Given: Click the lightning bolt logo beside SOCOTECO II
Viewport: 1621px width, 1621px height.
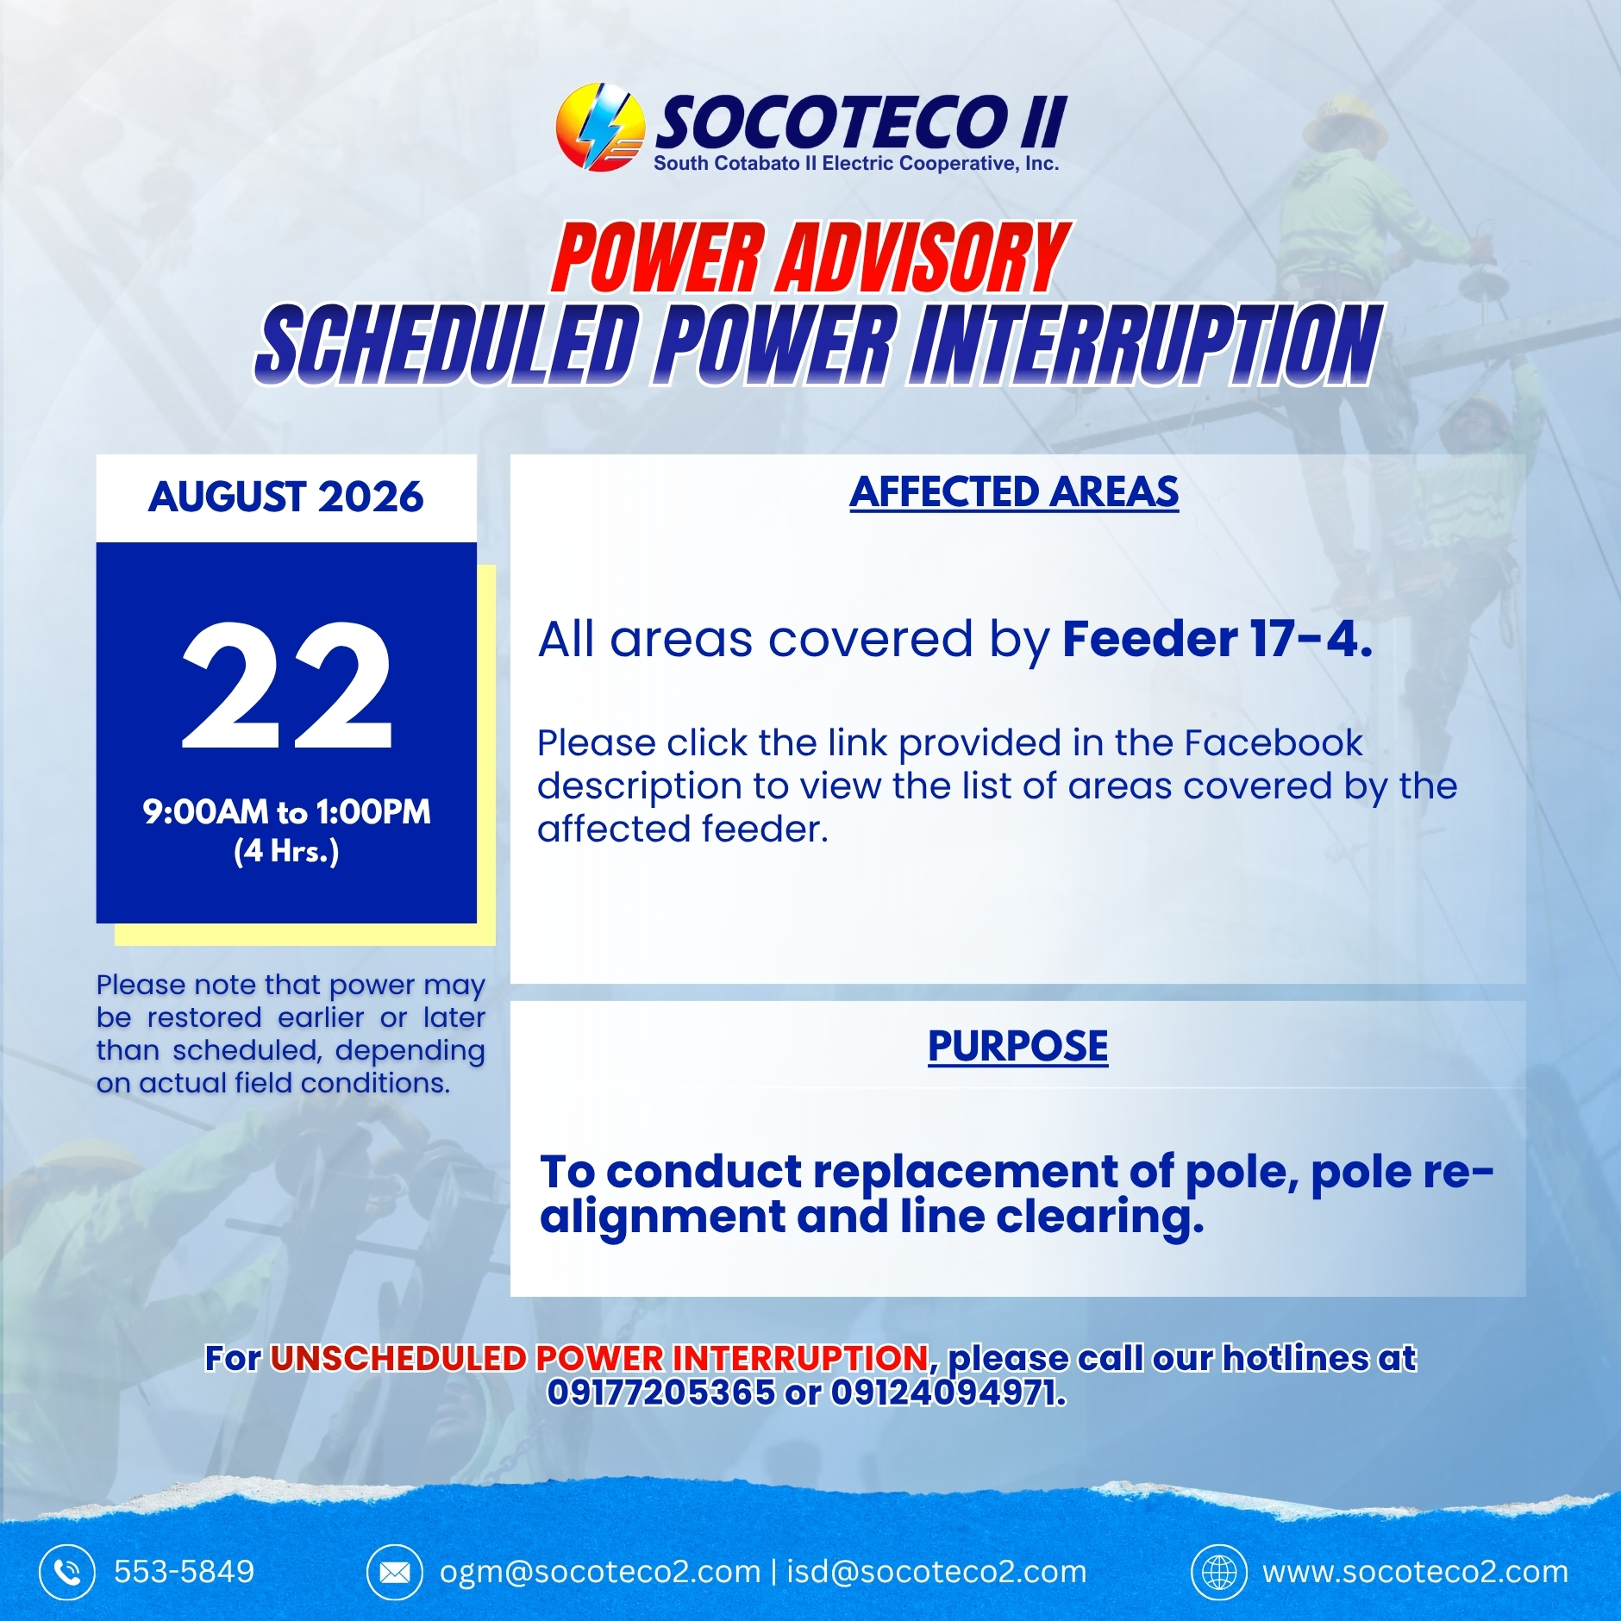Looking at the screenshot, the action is click(600, 127).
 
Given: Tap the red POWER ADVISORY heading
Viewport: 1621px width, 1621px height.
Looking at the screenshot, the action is click(810, 257).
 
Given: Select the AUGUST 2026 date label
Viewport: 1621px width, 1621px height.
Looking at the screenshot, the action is click(285, 497).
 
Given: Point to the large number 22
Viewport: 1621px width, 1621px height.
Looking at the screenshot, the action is click(286, 685).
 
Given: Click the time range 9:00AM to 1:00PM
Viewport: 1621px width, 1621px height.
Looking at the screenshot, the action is click(286, 811).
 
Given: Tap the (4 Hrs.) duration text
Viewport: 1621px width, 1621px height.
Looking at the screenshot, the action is click(286, 851).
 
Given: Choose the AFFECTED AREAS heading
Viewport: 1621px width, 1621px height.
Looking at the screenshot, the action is click(1014, 492).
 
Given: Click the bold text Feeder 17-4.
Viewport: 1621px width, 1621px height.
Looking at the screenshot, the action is click(1217, 640).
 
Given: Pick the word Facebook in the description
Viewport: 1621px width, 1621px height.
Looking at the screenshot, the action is click(1274, 742).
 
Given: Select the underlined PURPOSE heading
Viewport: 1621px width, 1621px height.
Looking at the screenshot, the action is click(1017, 1046).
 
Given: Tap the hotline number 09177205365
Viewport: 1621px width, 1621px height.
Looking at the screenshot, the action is click(661, 1392).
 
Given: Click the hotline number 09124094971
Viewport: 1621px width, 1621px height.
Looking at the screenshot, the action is click(946, 1392).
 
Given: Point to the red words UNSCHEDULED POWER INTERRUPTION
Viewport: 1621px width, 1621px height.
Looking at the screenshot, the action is click(599, 1358).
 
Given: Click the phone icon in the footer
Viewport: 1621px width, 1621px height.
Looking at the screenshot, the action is click(66, 1572).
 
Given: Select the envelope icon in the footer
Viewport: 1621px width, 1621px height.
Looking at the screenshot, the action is click(394, 1572).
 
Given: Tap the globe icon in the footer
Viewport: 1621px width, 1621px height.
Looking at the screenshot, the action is click(1218, 1572).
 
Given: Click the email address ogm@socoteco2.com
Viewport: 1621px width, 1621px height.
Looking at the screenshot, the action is click(600, 1572).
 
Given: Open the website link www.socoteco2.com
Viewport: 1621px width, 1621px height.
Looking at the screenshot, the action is click(1415, 1572).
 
